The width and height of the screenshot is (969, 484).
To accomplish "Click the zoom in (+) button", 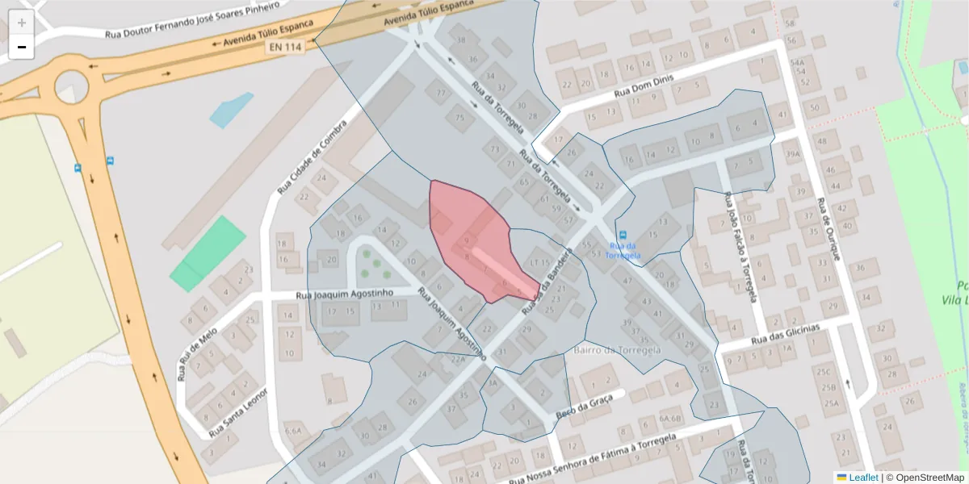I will click(x=22, y=23).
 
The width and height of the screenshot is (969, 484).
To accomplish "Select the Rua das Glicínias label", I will click(x=785, y=334).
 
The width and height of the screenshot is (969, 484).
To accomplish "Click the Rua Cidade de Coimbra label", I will click(x=312, y=158).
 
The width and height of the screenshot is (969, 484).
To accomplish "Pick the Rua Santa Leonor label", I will click(x=238, y=410).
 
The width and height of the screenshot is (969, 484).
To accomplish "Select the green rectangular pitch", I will click(x=208, y=253).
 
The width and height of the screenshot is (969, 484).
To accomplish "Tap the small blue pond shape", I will click(x=231, y=110).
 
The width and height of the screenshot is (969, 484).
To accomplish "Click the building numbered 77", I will click(x=440, y=94).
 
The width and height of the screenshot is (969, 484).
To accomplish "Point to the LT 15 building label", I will click(x=539, y=262).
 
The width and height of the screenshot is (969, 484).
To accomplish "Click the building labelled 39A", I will click(x=792, y=154).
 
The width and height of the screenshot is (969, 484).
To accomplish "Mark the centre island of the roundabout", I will click(x=69, y=86).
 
